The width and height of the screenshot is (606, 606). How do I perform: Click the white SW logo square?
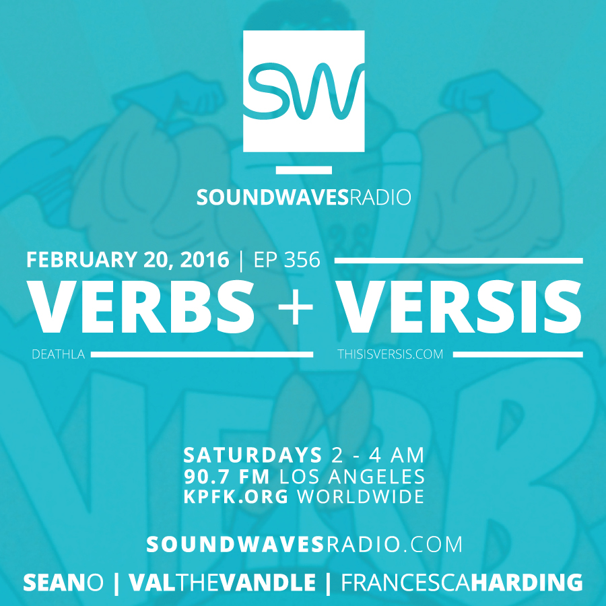tap(304, 91)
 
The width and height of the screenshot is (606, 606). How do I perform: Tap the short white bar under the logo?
tap(304, 170)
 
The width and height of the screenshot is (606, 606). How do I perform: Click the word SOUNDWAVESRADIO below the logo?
tap(304, 197)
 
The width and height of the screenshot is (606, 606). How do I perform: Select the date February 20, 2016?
tap(127, 260)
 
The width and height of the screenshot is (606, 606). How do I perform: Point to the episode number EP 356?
tap(287, 260)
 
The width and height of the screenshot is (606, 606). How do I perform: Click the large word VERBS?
tap(141, 307)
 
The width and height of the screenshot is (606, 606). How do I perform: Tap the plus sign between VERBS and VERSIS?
tap(296, 308)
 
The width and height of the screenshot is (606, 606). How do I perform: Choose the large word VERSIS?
tap(459, 307)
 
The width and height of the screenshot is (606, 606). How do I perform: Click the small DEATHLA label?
tap(59, 354)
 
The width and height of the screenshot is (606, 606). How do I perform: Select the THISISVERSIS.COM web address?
tap(391, 354)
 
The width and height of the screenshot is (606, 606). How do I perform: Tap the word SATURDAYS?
tap(252, 455)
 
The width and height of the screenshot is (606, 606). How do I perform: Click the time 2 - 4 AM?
tap(378, 455)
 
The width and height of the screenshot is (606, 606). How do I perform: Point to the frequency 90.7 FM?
tap(227, 477)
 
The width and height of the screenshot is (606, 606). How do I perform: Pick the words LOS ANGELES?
tap(352, 477)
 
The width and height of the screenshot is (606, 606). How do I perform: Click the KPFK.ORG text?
tap(236, 497)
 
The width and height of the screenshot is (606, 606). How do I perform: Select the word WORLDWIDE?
tap(361, 497)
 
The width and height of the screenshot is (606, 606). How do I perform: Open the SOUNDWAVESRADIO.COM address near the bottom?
tap(304, 545)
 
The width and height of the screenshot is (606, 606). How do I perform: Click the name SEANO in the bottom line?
tap(63, 582)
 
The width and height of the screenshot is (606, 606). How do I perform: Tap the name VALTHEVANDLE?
tap(222, 582)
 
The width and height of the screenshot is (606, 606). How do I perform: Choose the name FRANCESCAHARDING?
tap(462, 582)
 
